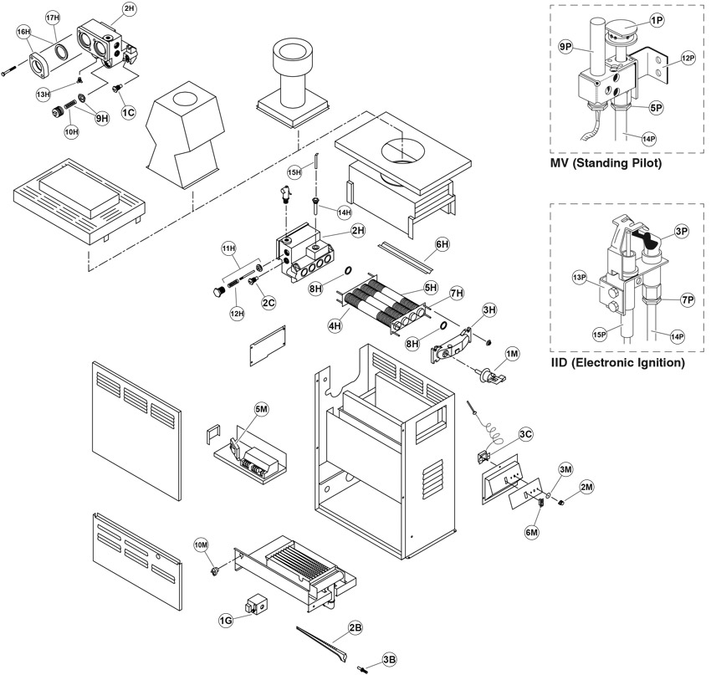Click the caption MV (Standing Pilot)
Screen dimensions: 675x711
click(606, 164)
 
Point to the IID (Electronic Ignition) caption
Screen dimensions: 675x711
click(618, 364)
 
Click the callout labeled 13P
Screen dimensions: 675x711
click(578, 276)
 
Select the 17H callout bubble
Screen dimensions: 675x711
click(53, 18)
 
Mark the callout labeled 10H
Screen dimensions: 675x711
click(72, 131)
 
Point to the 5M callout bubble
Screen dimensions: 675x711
click(261, 408)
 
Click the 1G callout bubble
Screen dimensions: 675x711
click(225, 620)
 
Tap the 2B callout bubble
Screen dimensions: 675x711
click(355, 626)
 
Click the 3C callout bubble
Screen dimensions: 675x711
click(525, 435)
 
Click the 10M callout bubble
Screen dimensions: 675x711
click(202, 545)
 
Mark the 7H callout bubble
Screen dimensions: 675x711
click(456, 294)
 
